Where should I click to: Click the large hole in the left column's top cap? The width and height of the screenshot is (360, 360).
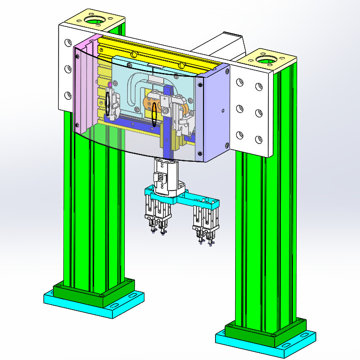94,21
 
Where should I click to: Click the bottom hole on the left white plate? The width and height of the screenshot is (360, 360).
66,95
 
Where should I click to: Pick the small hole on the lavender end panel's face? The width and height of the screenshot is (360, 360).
222,110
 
